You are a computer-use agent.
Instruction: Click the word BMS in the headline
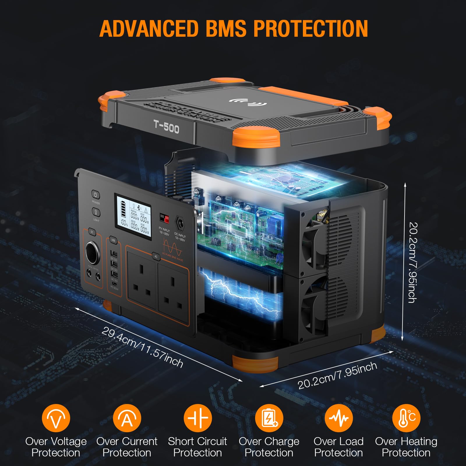[x=226, y=29]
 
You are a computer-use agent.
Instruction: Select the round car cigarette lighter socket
[x=93, y=252]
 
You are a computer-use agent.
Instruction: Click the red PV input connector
[x=165, y=218]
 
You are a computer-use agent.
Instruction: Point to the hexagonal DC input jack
[x=180, y=224]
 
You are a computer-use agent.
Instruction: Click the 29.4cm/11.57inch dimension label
[x=142, y=347]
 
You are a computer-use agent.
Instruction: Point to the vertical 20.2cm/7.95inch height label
[x=413, y=262]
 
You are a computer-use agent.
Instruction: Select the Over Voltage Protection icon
[x=56, y=418]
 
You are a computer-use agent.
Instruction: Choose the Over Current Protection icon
[x=127, y=418]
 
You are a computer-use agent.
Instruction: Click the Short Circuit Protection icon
[x=198, y=418]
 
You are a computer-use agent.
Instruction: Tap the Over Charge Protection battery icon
[x=269, y=418]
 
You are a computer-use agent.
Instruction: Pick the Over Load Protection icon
[x=338, y=418]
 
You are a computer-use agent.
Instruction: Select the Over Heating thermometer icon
[x=406, y=418]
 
